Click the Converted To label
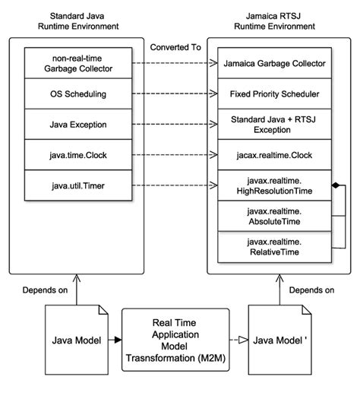click(175, 47)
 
